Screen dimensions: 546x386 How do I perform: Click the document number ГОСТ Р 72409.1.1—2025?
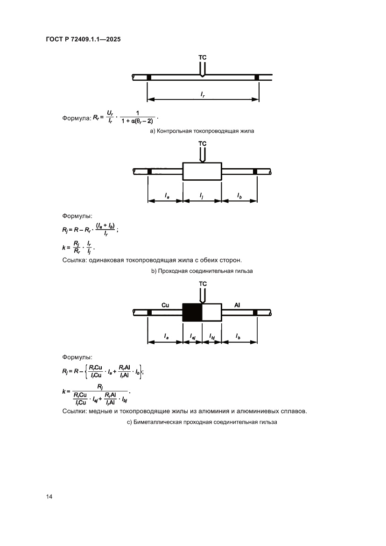[84, 40]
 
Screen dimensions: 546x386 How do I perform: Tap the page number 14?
[49, 496]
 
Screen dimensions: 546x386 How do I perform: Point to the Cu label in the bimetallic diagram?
[165, 305]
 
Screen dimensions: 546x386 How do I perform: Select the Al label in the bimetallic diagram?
[238, 305]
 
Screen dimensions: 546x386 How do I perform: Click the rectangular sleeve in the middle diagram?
[202, 171]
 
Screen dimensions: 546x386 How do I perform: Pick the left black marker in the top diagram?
[149, 77]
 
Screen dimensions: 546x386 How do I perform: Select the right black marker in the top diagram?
[257, 77]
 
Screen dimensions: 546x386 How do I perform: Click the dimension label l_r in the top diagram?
[203, 94]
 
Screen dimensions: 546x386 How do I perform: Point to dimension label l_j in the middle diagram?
[202, 195]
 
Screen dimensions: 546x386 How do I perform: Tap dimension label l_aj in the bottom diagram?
[192, 336]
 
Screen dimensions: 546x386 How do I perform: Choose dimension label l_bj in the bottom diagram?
[212, 336]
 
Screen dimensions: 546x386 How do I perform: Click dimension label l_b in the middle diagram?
[239, 195]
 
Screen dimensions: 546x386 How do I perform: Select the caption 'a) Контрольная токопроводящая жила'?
[202, 132]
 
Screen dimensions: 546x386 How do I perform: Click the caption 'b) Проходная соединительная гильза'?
[202, 271]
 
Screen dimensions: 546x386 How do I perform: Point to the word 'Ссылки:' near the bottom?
[74, 411]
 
